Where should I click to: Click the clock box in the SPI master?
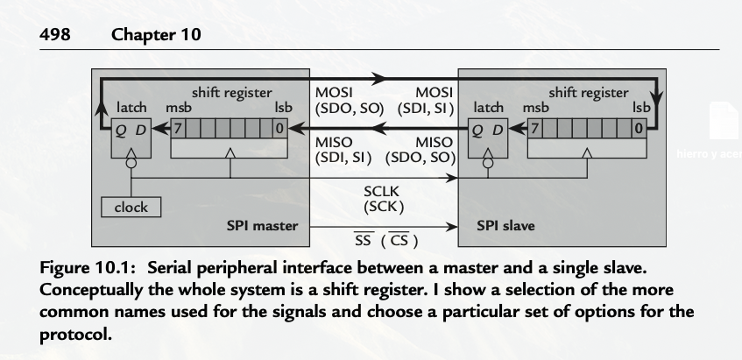click(x=131, y=208)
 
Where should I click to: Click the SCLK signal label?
click(x=383, y=191)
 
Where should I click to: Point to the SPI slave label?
click(x=505, y=226)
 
